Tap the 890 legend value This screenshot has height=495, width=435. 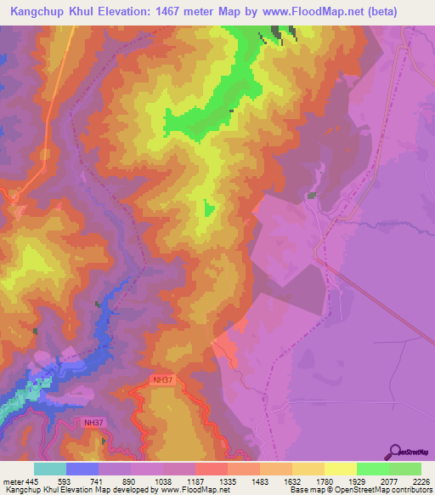coord(130,481)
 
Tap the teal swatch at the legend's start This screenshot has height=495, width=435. coord(50,469)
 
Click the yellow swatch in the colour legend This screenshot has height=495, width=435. coord(341,469)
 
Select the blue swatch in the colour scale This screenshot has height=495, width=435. coord(82,469)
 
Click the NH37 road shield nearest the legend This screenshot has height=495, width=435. coord(93,422)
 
